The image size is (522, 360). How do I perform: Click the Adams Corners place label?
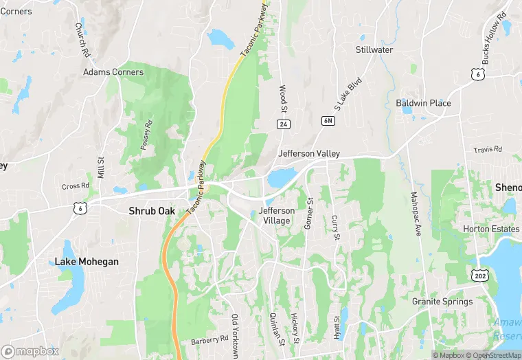(113, 72)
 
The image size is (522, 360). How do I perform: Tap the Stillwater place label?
(374, 49)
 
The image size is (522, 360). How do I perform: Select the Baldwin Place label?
(423, 103)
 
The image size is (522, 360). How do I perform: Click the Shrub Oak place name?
(152, 211)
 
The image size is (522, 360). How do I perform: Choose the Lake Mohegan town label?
(87, 262)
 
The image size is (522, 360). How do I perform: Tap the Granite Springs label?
(442, 302)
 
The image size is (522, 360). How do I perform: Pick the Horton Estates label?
(490, 229)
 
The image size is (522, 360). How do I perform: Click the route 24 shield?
(282, 124)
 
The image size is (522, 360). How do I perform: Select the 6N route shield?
(328, 121)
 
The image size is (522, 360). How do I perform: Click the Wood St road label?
(282, 99)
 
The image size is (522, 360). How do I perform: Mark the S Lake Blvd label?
(348, 94)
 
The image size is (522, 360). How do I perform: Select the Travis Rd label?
(488, 149)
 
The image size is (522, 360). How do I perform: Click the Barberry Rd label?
(209, 339)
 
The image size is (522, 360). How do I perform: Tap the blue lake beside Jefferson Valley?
(282, 178)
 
